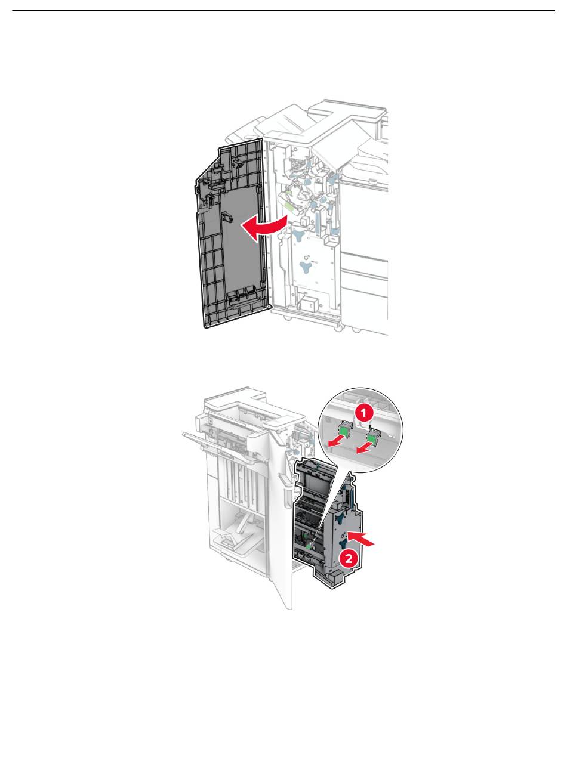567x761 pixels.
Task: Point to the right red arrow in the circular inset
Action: tap(365, 448)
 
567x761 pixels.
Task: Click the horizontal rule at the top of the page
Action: tap(283, 11)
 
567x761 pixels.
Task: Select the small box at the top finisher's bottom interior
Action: tap(308, 302)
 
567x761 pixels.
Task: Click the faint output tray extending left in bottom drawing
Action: tap(220, 446)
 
